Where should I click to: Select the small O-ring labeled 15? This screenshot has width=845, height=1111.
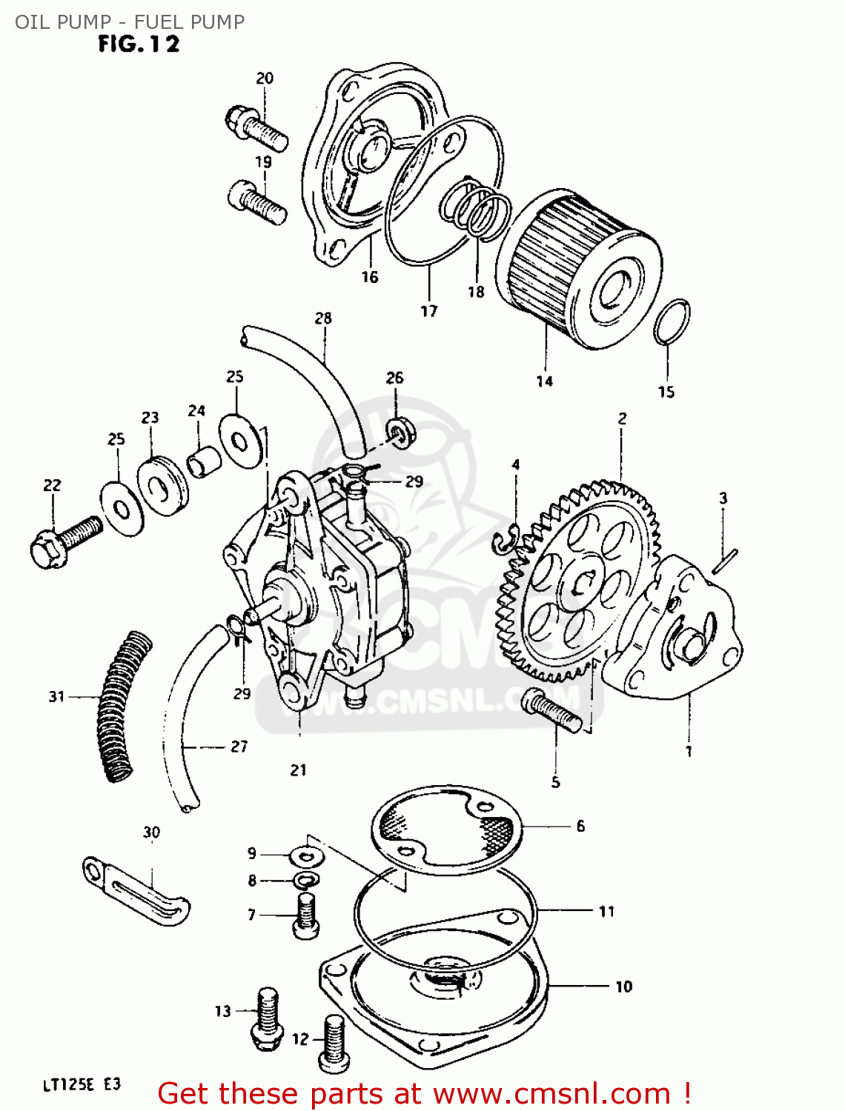pyautogui.click(x=672, y=322)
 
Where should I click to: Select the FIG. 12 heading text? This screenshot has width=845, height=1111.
pyautogui.click(x=139, y=44)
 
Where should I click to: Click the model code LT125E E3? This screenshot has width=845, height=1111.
pyautogui.click(x=81, y=1085)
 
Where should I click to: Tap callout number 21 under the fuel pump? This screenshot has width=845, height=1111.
pyautogui.click(x=298, y=770)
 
